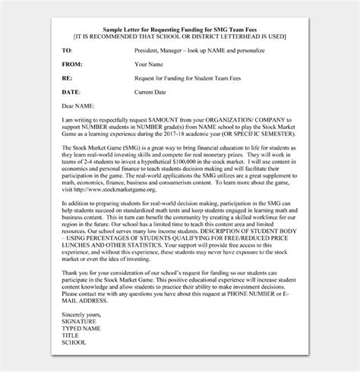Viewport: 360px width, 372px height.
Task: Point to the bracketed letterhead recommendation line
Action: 180,35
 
